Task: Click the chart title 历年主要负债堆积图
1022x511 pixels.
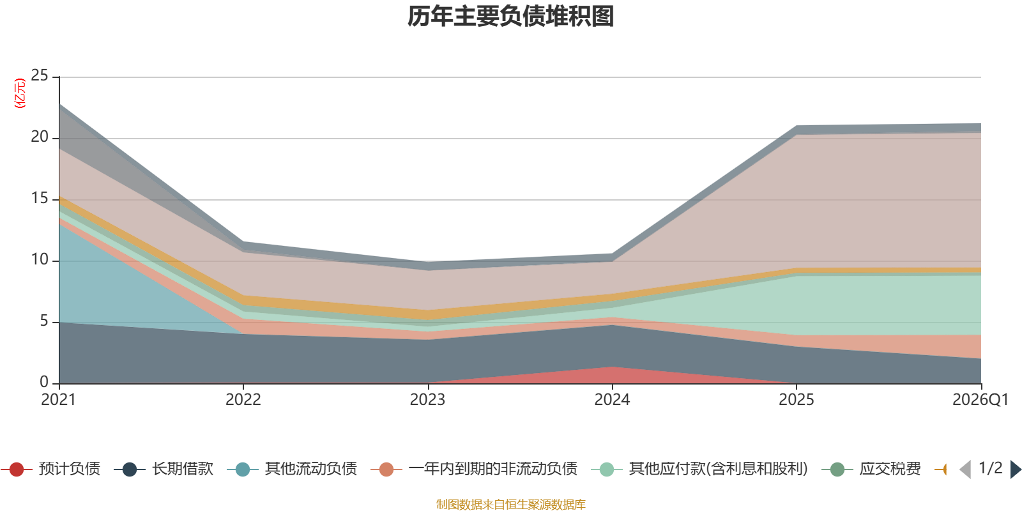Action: (510, 17)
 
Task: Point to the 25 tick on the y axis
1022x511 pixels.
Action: (40, 76)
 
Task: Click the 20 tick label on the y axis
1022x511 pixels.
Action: (40, 137)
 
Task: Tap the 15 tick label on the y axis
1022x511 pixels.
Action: (40, 199)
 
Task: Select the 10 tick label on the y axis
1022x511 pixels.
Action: (40, 259)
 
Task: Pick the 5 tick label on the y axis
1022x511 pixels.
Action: (44, 321)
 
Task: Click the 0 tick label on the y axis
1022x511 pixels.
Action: (44, 382)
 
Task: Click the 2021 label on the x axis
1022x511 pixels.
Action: (58, 400)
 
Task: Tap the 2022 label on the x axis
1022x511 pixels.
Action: (243, 400)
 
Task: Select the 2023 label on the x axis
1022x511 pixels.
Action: (427, 400)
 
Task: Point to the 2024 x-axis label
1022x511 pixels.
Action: (612, 400)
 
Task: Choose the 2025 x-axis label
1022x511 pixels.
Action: (796, 400)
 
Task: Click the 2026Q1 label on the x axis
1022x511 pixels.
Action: (980, 400)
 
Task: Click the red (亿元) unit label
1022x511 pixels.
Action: (20, 93)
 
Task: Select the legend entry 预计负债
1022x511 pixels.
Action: (50, 469)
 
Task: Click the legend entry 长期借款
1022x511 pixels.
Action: (164, 469)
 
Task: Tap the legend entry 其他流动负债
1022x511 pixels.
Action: (292, 469)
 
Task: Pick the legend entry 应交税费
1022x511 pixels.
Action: (871, 469)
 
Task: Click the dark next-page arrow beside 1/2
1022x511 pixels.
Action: (1016, 469)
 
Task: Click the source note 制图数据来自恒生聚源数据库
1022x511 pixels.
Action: (510, 504)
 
